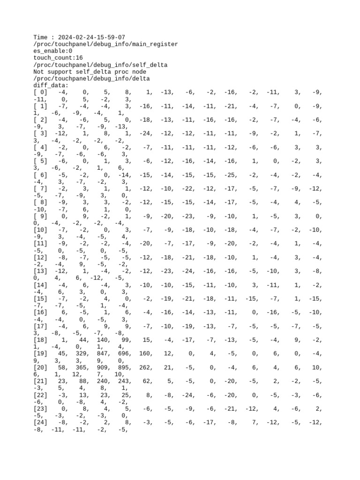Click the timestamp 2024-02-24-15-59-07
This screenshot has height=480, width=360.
(x=91, y=37)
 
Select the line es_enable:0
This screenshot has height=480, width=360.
(x=53, y=51)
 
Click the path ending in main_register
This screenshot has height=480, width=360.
(x=105, y=44)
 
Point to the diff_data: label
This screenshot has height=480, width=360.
(x=51, y=86)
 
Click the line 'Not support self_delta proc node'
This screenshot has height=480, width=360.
(x=90, y=72)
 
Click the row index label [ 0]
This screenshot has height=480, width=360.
(x=40, y=93)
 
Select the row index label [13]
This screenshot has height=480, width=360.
(x=40, y=272)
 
